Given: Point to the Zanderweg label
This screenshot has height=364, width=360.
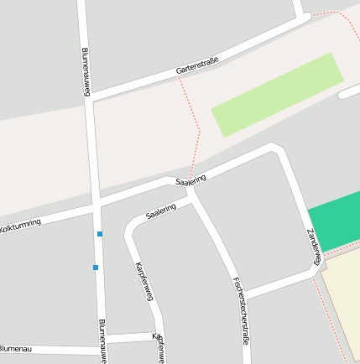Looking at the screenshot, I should [x=314, y=246].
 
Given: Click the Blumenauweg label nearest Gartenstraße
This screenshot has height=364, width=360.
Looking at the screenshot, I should [x=86, y=71].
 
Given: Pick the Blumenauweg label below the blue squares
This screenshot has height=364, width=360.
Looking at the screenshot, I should [x=102, y=340].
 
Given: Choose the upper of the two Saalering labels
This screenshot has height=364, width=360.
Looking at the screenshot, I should [x=191, y=179].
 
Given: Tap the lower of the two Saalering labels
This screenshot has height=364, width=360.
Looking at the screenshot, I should [x=161, y=211].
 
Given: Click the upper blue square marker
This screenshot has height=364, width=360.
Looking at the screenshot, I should [x=100, y=234].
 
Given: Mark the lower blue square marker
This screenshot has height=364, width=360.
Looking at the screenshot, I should [x=96, y=268].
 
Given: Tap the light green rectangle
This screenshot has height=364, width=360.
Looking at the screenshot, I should [x=278, y=95].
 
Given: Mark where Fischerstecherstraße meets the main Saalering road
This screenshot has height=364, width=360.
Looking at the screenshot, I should [x=192, y=189].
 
